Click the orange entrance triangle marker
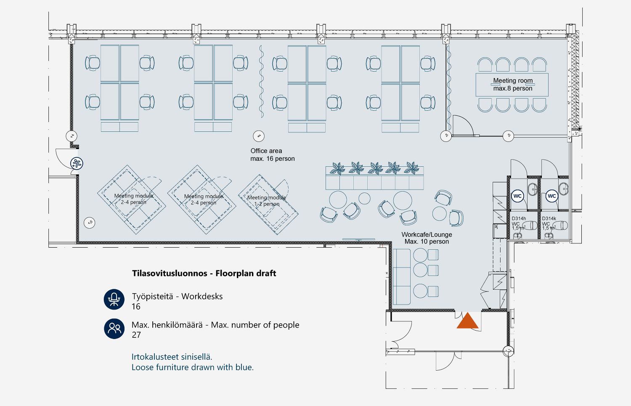(x=467, y=321)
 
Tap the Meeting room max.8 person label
(x=512, y=84)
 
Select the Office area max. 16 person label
(x=272, y=155)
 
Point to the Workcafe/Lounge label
(x=427, y=238)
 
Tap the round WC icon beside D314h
(x=517, y=196)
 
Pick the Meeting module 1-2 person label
(x=267, y=200)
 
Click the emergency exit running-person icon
(x=77, y=163)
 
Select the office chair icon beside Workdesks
(x=114, y=299)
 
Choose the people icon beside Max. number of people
(x=114, y=329)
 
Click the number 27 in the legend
(x=136, y=335)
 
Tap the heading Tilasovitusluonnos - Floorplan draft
(x=204, y=273)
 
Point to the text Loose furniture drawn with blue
(x=192, y=367)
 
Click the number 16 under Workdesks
(x=136, y=306)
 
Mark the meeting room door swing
(x=463, y=125)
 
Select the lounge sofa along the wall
(x=402, y=276)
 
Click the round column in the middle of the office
(x=258, y=136)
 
